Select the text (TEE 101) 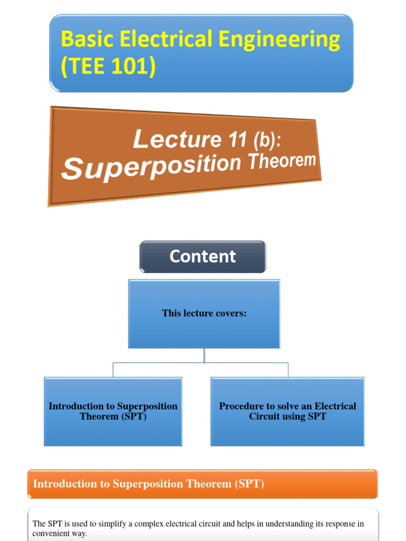pos(108,67)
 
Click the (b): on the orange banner pos(272,138)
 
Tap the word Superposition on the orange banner pos(151,165)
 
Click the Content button pos(202,257)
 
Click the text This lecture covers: pos(204,313)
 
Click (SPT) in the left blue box pos(135,416)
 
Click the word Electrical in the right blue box pos(335,406)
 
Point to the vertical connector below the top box pos(204,356)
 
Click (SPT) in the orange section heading pos(250,484)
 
